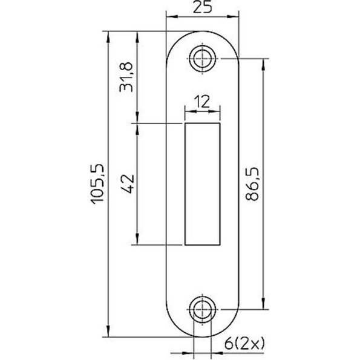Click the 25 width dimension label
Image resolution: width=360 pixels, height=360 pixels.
(202, 7)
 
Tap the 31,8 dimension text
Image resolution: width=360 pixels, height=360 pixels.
(126, 77)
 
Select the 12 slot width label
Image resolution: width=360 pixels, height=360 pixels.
(202, 102)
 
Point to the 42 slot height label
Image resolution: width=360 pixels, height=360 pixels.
(126, 184)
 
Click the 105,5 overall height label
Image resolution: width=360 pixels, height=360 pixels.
(97, 184)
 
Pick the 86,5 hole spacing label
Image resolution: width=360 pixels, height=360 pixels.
(252, 184)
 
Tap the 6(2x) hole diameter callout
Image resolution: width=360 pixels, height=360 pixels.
(244, 344)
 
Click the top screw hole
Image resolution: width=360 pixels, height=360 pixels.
(202, 59)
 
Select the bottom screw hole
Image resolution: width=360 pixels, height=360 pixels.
(202, 310)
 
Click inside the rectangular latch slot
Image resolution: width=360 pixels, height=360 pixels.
(203, 184)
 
